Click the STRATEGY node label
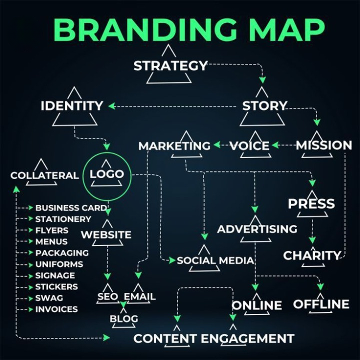pyautogui.click(x=170, y=65)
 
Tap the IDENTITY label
pyautogui.click(x=72, y=106)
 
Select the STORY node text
pyautogui.click(x=264, y=106)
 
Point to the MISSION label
pyautogui.click(x=323, y=145)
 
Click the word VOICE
pyautogui.click(x=249, y=146)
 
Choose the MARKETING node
pyautogui.click(x=174, y=146)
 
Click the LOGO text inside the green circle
pyautogui.click(x=107, y=174)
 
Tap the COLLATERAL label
pyautogui.click(x=44, y=175)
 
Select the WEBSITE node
pyautogui.click(x=106, y=234)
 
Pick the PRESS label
pyautogui.click(x=311, y=203)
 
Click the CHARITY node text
pyautogui.click(x=312, y=255)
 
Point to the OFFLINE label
pyautogui.click(x=321, y=304)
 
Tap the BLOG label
pyautogui.click(x=124, y=318)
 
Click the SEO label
pyautogui.click(x=107, y=296)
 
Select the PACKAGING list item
pyautogui.click(x=62, y=253)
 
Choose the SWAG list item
pyautogui.click(x=49, y=298)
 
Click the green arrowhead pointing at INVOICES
pyautogui.click(x=31, y=309)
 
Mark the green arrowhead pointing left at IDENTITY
pyautogui.click(x=111, y=106)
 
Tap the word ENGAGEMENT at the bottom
pyautogui.click(x=247, y=338)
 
